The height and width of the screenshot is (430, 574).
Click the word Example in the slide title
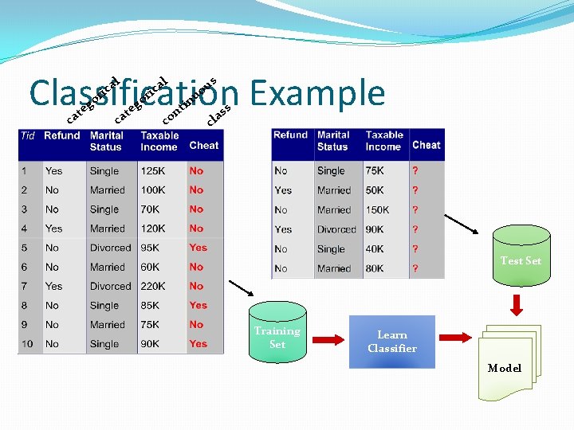(x=317, y=94)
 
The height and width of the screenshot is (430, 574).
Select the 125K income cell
(x=154, y=171)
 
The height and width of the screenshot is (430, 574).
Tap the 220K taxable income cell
(x=154, y=286)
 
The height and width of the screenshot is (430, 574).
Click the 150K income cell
(x=378, y=210)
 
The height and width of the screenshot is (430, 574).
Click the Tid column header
(x=28, y=136)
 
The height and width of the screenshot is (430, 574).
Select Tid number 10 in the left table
(x=28, y=344)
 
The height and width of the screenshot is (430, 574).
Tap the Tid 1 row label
(x=25, y=171)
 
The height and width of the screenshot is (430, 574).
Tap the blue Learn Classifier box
(x=391, y=342)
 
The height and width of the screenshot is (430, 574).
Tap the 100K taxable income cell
(x=154, y=190)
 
